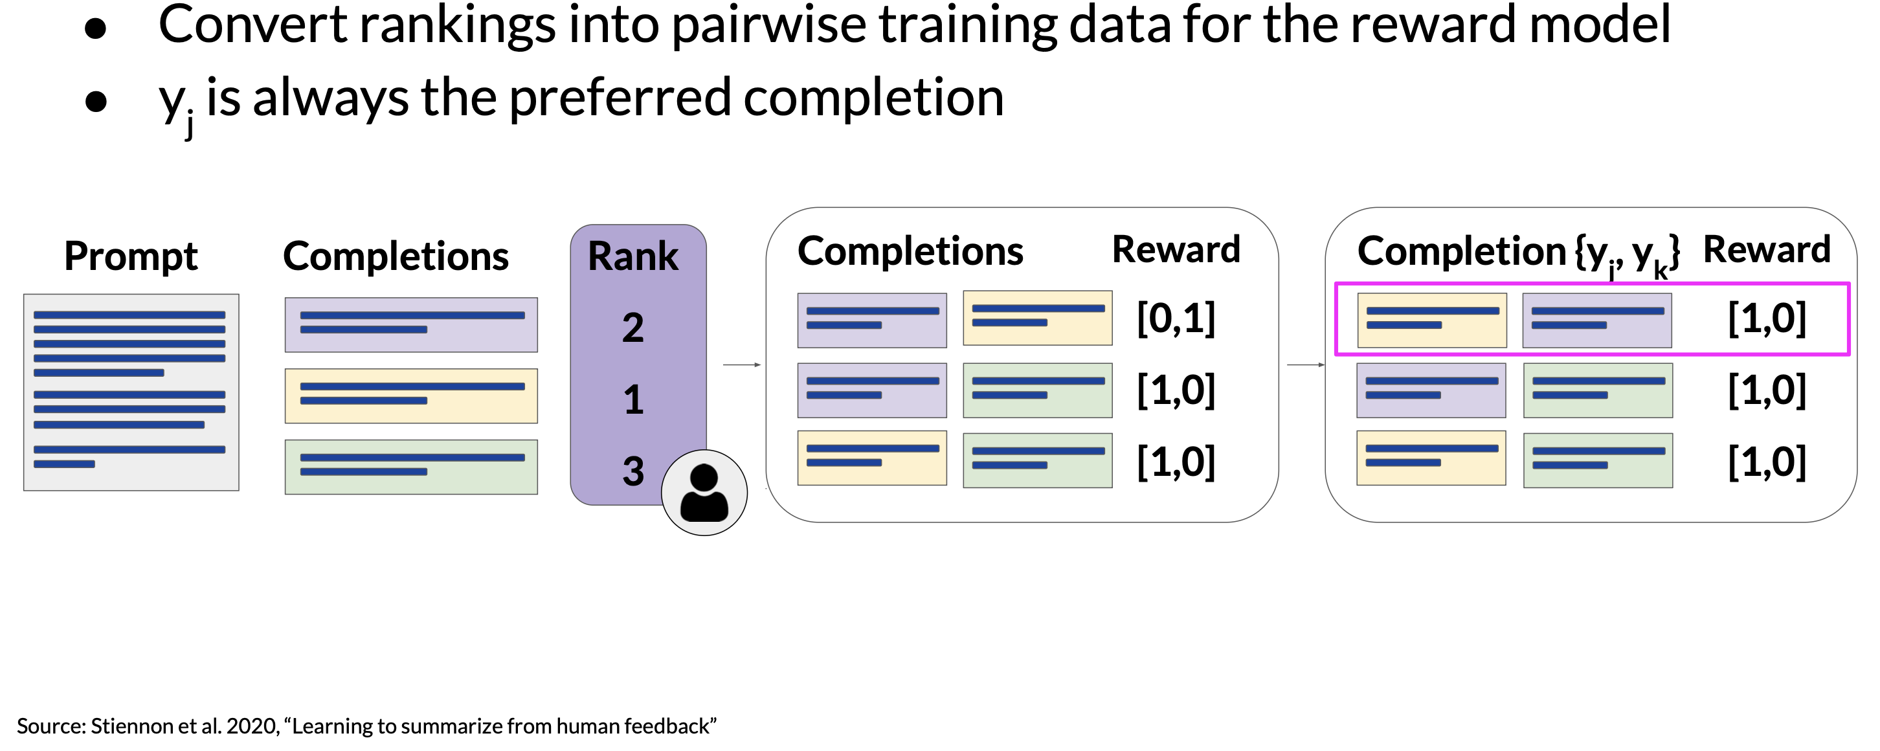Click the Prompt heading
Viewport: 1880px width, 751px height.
click(131, 257)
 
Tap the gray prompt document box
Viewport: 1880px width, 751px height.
click(131, 392)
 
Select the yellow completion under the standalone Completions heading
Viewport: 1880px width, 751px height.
click(411, 396)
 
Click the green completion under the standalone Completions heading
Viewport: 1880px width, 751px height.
click(411, 467)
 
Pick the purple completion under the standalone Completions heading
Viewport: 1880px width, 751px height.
click(411, 325)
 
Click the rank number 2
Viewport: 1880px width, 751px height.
click(632, 328)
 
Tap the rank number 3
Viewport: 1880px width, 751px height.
click(632, 471)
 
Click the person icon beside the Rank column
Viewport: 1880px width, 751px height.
click(704, 493)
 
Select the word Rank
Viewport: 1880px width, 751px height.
click(632, 256)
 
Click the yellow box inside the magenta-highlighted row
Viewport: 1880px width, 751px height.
click(1432, 320)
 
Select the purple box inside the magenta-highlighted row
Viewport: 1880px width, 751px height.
click(1597, 320)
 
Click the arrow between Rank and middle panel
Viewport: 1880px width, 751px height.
click(742, 365)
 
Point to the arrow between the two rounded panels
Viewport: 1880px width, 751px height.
click(1306, 365)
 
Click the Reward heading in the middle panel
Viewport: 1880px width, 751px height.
click(1176, 250)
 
